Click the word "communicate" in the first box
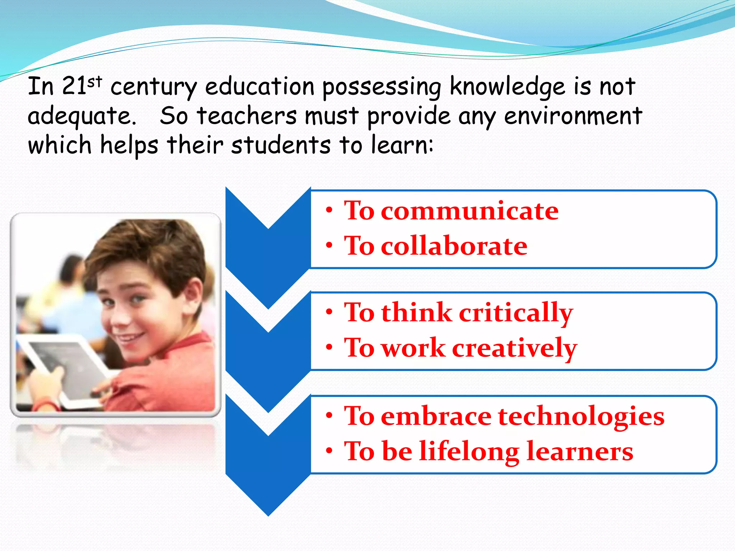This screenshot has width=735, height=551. tap(469, 211)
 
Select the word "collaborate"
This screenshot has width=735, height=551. tap(454, 246)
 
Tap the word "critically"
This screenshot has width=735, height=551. tap(516, 313)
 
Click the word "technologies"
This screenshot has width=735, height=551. tap(581, 416)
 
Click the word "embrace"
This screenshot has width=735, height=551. tap(436, 416)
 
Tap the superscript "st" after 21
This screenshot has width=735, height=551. tap(95, 82)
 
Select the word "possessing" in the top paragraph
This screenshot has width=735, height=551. tap(382, 87)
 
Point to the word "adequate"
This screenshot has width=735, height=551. tap(82, 116)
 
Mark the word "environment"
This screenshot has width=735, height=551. tap(573, 116)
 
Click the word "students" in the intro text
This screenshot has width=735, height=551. tap(281, 145)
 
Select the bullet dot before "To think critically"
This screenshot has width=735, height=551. tap(329, 312)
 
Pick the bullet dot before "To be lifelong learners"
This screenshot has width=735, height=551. tap(329, 451)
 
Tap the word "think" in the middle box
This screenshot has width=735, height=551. tap(416, 313)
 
